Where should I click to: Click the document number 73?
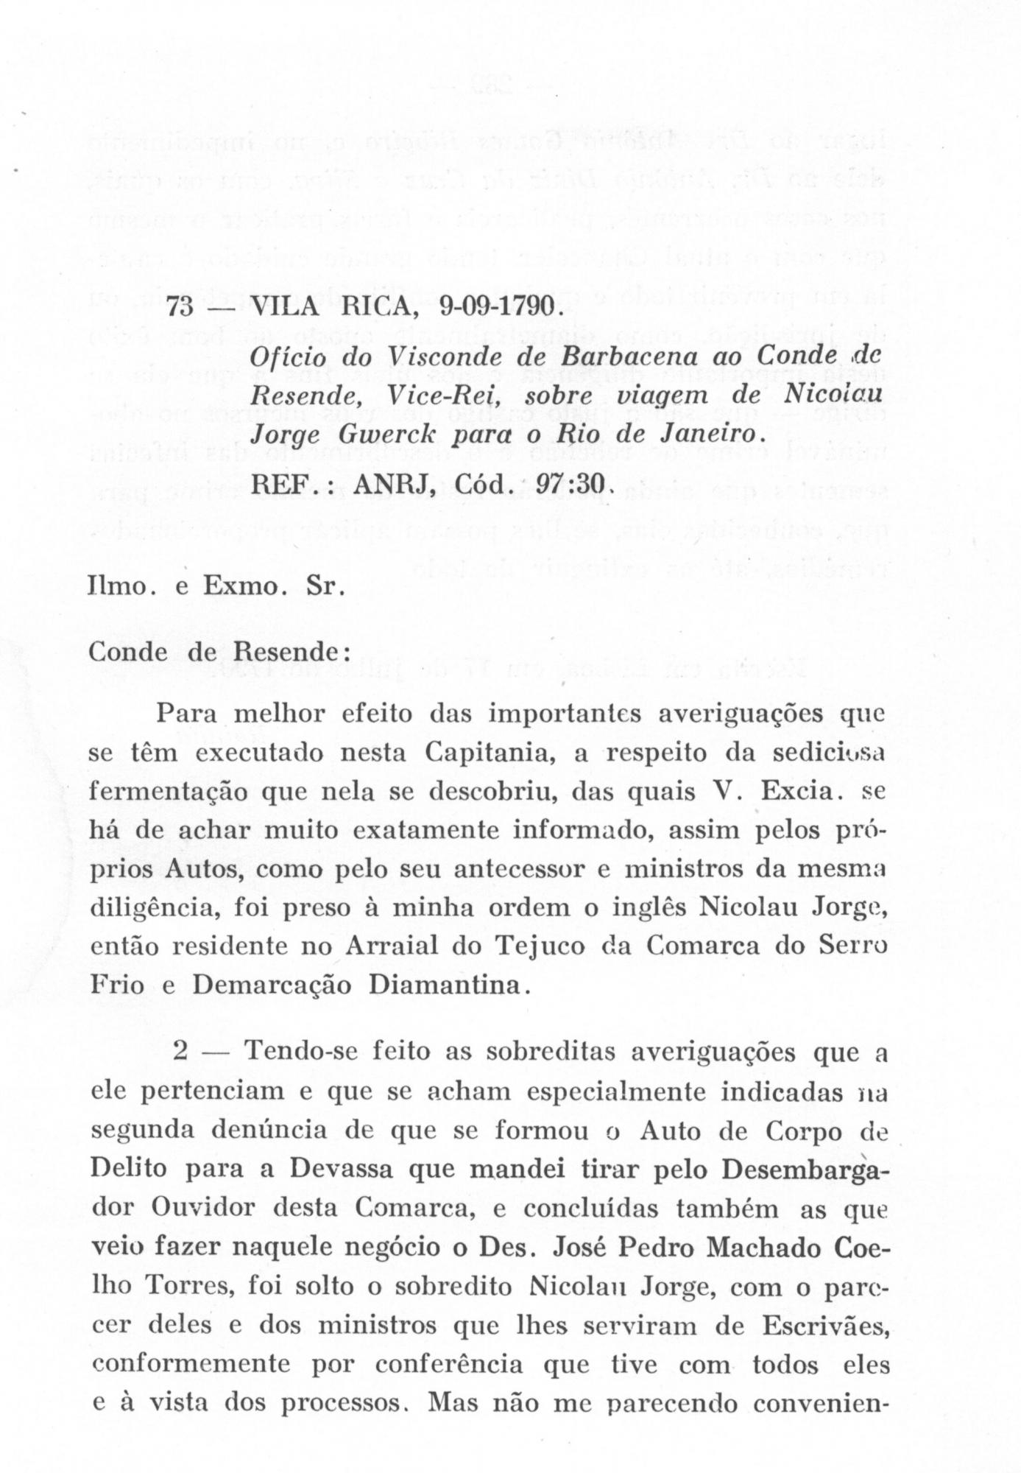[180, 307]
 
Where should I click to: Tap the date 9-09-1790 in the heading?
[499, 307]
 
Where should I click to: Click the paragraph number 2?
[181, 1052]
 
